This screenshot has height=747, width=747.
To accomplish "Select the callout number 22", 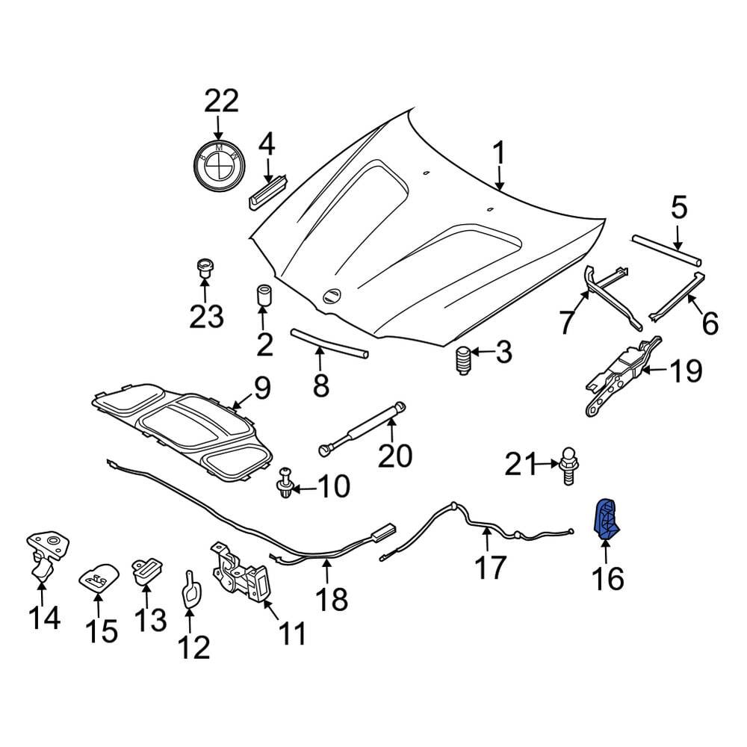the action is (221, 101).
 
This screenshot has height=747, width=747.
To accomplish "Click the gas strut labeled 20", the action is (362, 428).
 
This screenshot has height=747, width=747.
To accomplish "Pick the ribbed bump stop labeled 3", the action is (461, 361).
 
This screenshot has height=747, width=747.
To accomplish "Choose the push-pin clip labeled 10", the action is (285, 482).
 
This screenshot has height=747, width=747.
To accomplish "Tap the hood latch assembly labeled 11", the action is (241, 571).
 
